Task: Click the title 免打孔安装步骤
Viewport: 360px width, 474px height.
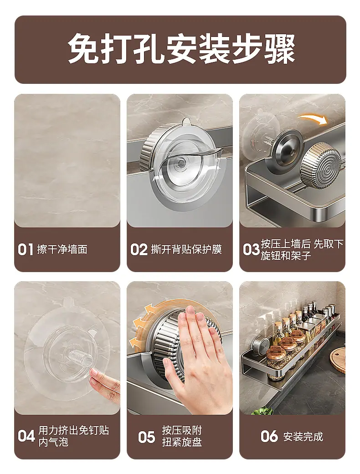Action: (x=181, y=49)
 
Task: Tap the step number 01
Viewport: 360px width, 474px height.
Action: (x=25, y=250)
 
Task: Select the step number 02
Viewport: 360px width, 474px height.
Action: (x=139, y=250)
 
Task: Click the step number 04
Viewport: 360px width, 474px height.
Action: (x=26, y=436)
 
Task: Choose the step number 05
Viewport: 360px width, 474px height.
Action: (x=147, y=437)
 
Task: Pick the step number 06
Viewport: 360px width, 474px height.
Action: (x=269, y=436)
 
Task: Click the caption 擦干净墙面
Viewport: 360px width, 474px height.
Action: (x=62, y=250)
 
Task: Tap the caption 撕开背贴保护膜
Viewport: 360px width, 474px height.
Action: (x=186, y=250)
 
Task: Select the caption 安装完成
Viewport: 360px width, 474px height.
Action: (x=303, y=437)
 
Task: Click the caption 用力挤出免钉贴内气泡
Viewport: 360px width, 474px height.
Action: (x=74, y=436)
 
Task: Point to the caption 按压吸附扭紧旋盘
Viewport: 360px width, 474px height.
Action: (x=182, y=436)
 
